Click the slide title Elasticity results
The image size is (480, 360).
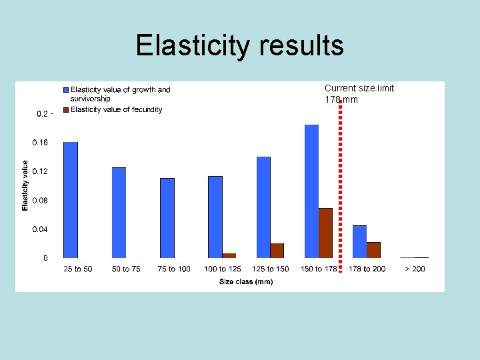coord(239,45)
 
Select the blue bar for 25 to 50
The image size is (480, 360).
coord(71,199)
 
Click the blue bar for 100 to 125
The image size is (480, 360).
coord(215,217)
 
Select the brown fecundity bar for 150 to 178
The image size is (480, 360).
coord(325,233)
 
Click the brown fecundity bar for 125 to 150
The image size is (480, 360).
coord(277,250)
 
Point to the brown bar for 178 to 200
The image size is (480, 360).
coord(373,249)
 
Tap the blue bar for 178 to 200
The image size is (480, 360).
coord(359,241)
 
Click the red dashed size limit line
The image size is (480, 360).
coord(340,187)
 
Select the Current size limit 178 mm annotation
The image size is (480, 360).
coord(359,93)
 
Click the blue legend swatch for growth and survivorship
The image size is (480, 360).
coord(66,89)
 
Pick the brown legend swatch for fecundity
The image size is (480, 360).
coord(66,109)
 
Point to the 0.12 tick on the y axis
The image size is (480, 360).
coord(41,171)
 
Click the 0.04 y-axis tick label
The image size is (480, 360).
coord(41,229)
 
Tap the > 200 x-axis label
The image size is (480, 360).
coord(414,269)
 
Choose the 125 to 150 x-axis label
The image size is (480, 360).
coord(270,269)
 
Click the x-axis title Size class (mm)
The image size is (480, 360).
coord(246,281)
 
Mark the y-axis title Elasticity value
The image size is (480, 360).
coord(25,185)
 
